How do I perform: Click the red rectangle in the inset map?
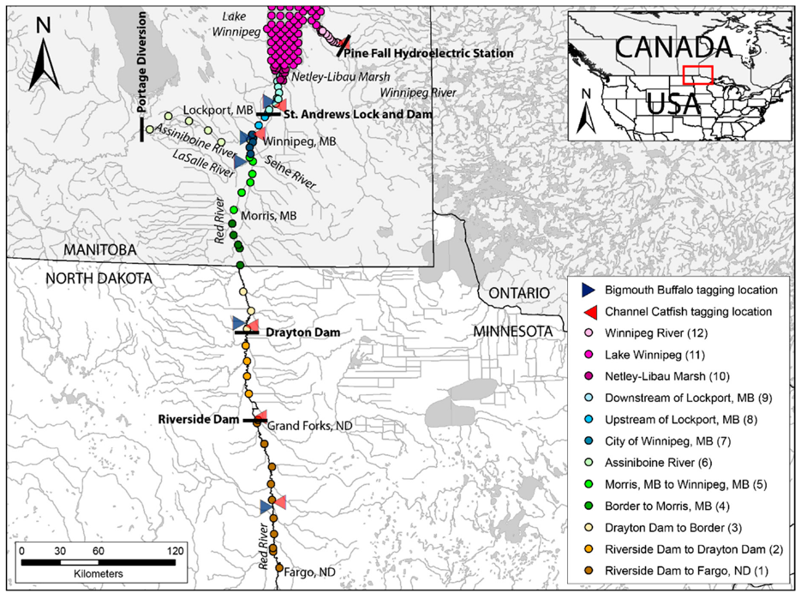[698, 76]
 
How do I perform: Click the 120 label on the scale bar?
[176, 549]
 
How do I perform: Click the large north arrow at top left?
[43, 60]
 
